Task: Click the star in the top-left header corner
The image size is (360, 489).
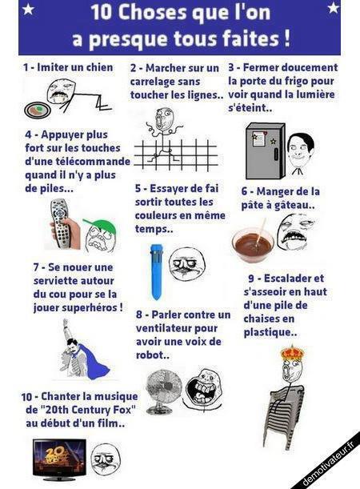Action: point(28,10)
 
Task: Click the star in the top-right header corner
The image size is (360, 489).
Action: point(333,8)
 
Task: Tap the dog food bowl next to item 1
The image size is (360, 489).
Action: point(38,110)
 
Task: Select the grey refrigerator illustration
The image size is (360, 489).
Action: point(266,151)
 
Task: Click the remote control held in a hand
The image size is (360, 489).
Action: point(62,223)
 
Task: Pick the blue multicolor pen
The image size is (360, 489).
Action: point(156,271)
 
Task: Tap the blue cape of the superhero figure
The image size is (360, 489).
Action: point(92,362)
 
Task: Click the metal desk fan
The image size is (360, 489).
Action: point(164,391)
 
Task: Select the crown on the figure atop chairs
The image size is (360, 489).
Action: point(292,353)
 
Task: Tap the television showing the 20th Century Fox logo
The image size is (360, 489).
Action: point(59,459)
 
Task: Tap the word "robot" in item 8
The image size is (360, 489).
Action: point(150,355)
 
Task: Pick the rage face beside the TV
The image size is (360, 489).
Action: point(106,459)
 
